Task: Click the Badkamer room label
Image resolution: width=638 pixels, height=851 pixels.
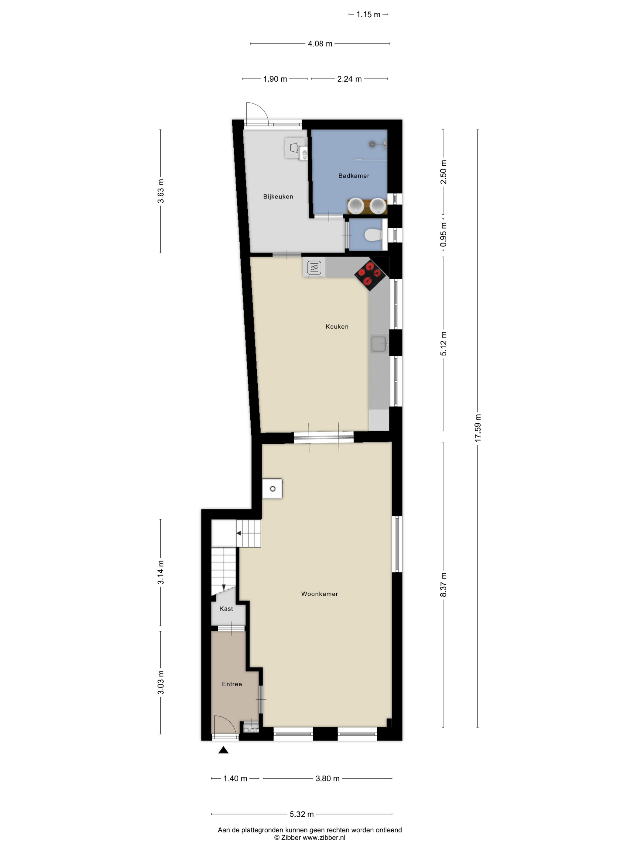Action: [353, 176]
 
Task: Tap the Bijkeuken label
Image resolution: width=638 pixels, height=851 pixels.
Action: [278, 197]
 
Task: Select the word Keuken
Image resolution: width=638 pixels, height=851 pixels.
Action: [337, 327]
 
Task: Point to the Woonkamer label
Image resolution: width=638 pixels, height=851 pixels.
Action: [320, 594]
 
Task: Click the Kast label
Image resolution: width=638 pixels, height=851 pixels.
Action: [226, 609]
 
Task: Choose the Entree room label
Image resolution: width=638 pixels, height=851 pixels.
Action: [232, 684]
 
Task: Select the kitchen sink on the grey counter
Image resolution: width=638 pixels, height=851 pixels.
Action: [379, 343]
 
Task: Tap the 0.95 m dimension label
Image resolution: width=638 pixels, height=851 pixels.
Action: [443, 235]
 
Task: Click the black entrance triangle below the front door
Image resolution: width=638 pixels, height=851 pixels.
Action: [223, 750]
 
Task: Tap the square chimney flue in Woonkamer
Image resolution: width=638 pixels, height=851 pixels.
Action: [272, 489]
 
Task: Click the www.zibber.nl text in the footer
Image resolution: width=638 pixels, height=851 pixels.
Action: [324, 838]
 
